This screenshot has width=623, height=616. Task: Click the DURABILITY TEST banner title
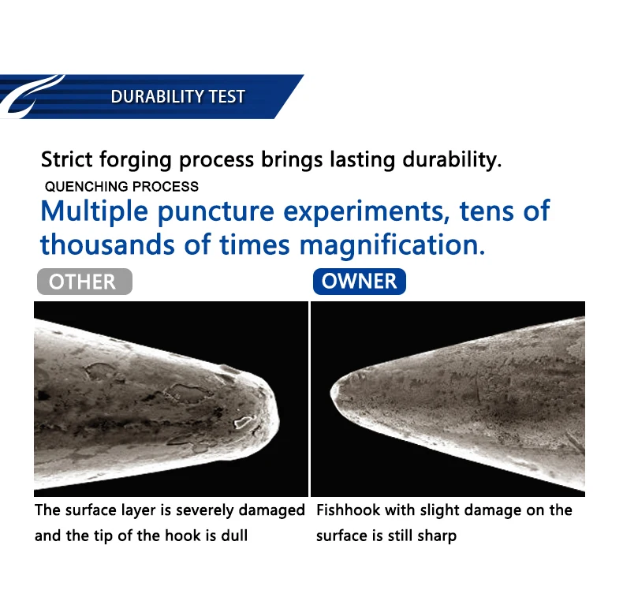point(177,96)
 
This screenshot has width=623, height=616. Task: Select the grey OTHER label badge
point(84,282)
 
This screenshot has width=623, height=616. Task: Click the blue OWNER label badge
point(359,282)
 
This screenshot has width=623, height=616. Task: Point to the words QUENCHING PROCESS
point(121,186)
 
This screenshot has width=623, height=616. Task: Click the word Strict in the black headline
point(67,159)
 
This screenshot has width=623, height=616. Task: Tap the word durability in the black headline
point(452,160)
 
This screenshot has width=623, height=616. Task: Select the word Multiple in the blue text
point(94,211)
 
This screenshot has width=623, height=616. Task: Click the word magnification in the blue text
point(392,245)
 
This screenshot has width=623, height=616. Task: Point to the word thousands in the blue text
point(107,244)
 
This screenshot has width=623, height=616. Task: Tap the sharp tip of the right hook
point(332,392)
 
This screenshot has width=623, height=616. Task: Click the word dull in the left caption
point(234,536)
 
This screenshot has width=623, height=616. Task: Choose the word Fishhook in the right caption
point(348,510)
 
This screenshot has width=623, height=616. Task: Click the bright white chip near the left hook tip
point(244,422)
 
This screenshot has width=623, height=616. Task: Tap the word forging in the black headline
point(136,160)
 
